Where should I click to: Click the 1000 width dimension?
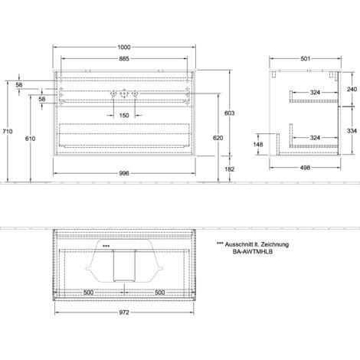coord(124,47)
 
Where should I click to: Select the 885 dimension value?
coord(124,59)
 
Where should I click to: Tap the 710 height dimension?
coord(8,131)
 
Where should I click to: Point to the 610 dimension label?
coord(30,139)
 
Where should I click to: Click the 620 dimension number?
coord(218,138)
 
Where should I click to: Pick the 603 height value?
coord(229,113)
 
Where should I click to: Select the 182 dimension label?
coord(229,169)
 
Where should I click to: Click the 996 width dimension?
coord(124,173)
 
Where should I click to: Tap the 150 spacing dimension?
coord(124,116)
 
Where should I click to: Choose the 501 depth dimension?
coord(306,59)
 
